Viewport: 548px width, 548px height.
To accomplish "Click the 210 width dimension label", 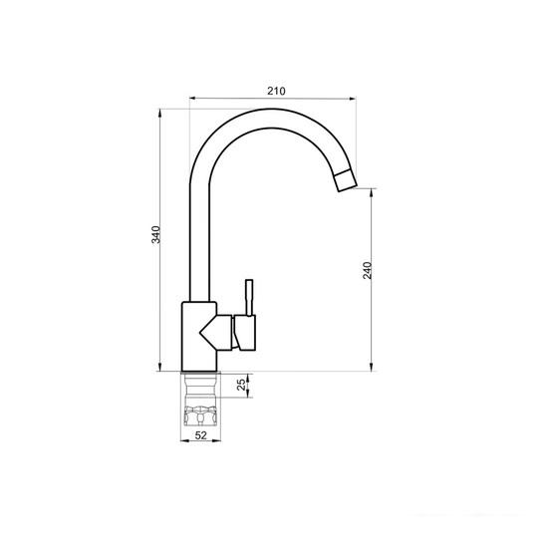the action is pyautogui.click(x=276, y=91).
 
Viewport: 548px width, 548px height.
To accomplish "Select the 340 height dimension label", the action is pyautogui.click(x=155, y=235).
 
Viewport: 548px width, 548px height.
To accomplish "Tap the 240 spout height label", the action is pyautogui.click(x=368, y=270).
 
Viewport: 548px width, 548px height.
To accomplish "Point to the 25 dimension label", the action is pyautogui.click(x=241, y=385).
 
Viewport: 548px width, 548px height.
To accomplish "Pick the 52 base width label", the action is pyautogui.click(x=200, y=435).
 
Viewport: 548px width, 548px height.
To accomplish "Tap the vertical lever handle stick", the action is pyautogui.click(x=249, y=298).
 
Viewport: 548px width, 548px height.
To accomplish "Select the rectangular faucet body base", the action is pyautogui.click(x=199, y=337).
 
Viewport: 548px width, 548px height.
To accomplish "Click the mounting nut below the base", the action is pyautogui.click(x=200, y=415).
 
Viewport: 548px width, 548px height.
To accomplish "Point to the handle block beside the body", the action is pyautogui.click(x=245, y=332).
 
